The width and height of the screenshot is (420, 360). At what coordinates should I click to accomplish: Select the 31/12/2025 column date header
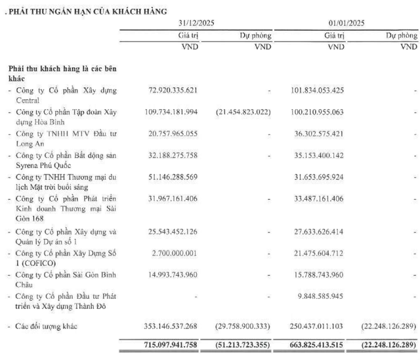point(197,23)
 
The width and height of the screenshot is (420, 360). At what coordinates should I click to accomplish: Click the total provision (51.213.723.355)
point(238,345)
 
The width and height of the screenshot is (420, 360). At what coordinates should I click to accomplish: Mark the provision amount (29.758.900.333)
point(238,325)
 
